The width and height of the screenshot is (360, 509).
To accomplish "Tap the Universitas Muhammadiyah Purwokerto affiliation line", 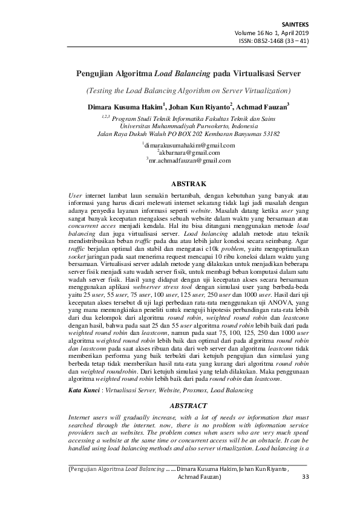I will pyautogui.click(x=188, y=126).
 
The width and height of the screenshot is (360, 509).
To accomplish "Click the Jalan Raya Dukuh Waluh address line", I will pyautogui.click(x=188, y=134).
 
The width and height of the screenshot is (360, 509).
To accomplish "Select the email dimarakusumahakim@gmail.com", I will pyautogui.click(x=189, y=146).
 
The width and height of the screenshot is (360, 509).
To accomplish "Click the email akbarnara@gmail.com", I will pyautogui.click(x=189, y=153).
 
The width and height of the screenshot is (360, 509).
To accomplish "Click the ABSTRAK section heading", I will pyautogui.click(x=188, y=182).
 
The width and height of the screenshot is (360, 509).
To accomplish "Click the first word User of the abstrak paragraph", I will pyautogui.click(x=75, y=195).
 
